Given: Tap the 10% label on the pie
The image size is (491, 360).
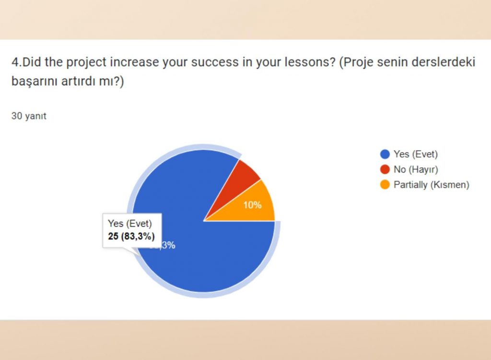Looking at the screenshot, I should click(x=252, y=205).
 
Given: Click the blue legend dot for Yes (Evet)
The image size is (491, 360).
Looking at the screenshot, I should click(x=385, y=154).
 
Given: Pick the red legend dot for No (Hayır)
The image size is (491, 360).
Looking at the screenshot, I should click(x=385, y=169).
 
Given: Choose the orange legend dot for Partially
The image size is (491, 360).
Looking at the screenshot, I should click(x=385, y=185).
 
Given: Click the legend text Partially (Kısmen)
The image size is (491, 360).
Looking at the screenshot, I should click(x=431, y=185).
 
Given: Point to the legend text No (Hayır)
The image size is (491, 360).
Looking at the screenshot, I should click(x=416, y=169).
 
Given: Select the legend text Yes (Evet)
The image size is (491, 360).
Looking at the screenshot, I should click(x=416, y=154).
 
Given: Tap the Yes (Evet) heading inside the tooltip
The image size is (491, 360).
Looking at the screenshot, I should click(x=129, y=223).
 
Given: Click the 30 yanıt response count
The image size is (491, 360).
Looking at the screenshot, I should click(x=29, y=116).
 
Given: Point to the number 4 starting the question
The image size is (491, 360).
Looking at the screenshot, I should click(x=14, y=62).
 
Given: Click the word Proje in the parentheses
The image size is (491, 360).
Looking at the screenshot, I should click(x=356, y=62).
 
